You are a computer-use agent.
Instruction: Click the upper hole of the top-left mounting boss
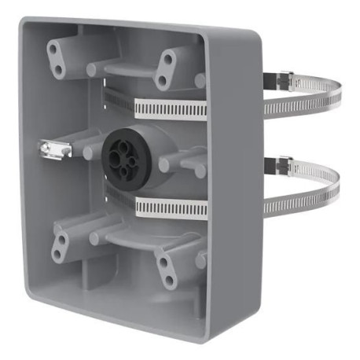53,50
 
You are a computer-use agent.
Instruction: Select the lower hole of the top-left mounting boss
58,68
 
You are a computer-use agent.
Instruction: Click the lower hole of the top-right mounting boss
161,80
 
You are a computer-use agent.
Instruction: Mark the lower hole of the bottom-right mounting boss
169,280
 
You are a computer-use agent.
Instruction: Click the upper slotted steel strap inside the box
169,108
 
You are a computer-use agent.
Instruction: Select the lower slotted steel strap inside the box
169,208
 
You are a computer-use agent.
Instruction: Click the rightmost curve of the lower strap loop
340,189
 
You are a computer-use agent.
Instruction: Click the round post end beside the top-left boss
92,70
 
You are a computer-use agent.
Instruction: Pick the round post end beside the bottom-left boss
94,237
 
